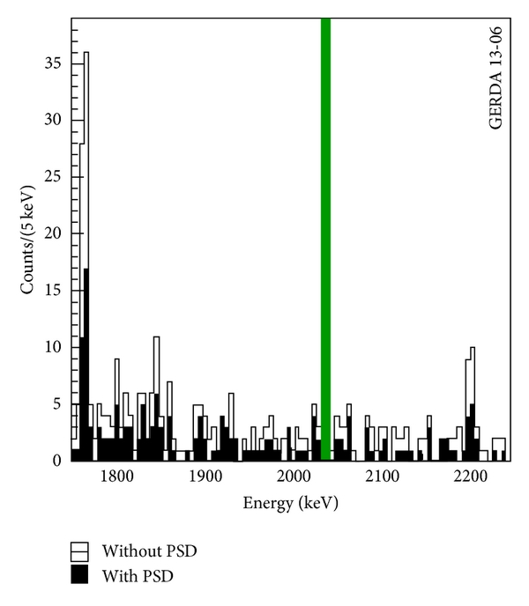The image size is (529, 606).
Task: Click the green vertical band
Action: point(325,238)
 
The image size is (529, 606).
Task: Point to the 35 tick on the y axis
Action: point(55,63)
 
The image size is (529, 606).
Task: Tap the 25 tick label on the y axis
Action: point(55,177)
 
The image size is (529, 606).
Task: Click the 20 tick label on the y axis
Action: point(55,233)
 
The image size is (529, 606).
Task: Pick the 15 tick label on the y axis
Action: point(55,291)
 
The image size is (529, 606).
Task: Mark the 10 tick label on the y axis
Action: point(55,347)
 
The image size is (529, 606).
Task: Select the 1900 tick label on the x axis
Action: point(205,477)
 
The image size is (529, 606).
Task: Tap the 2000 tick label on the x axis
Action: point(294,477)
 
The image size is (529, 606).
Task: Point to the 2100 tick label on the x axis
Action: point(383,477)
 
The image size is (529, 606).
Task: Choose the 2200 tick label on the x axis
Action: point(471,477)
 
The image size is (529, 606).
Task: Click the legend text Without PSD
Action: point(149,552)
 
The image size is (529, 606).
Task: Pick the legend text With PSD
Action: point(138,577)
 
